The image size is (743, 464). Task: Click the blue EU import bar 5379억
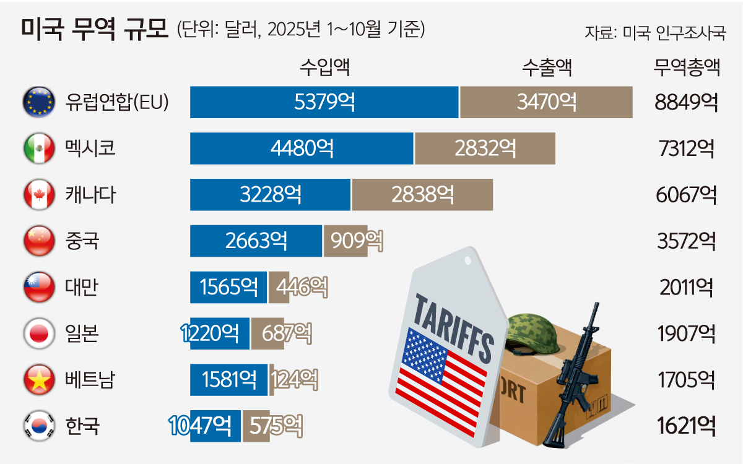[324, 102]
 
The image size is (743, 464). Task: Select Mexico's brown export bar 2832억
[485, 148]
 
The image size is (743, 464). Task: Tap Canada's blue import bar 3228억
[271, 195]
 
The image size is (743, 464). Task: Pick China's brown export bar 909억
[345, 241]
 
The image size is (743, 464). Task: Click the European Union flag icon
[38, 102]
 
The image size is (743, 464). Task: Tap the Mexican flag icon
[38, 148]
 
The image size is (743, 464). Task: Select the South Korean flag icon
[38, 426]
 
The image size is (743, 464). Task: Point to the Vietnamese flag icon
[38, 379]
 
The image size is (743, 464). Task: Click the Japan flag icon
[38, 333]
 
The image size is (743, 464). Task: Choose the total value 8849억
[686, 102]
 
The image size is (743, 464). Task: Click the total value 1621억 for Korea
[686, 426]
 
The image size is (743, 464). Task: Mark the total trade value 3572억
[686, 241]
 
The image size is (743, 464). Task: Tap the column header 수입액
[324, 67]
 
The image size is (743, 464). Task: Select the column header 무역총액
[686, 67]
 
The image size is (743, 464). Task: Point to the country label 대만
[81, 287]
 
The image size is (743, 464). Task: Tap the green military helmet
[533, 334]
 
